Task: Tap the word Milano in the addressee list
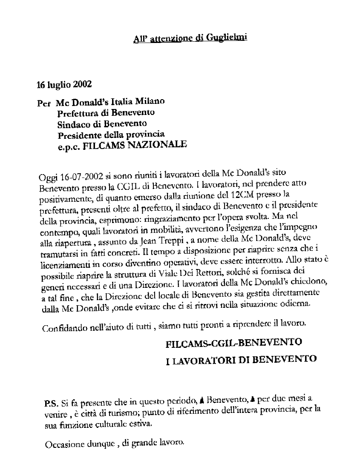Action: (150, 103)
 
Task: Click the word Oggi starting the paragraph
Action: (47, 177)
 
